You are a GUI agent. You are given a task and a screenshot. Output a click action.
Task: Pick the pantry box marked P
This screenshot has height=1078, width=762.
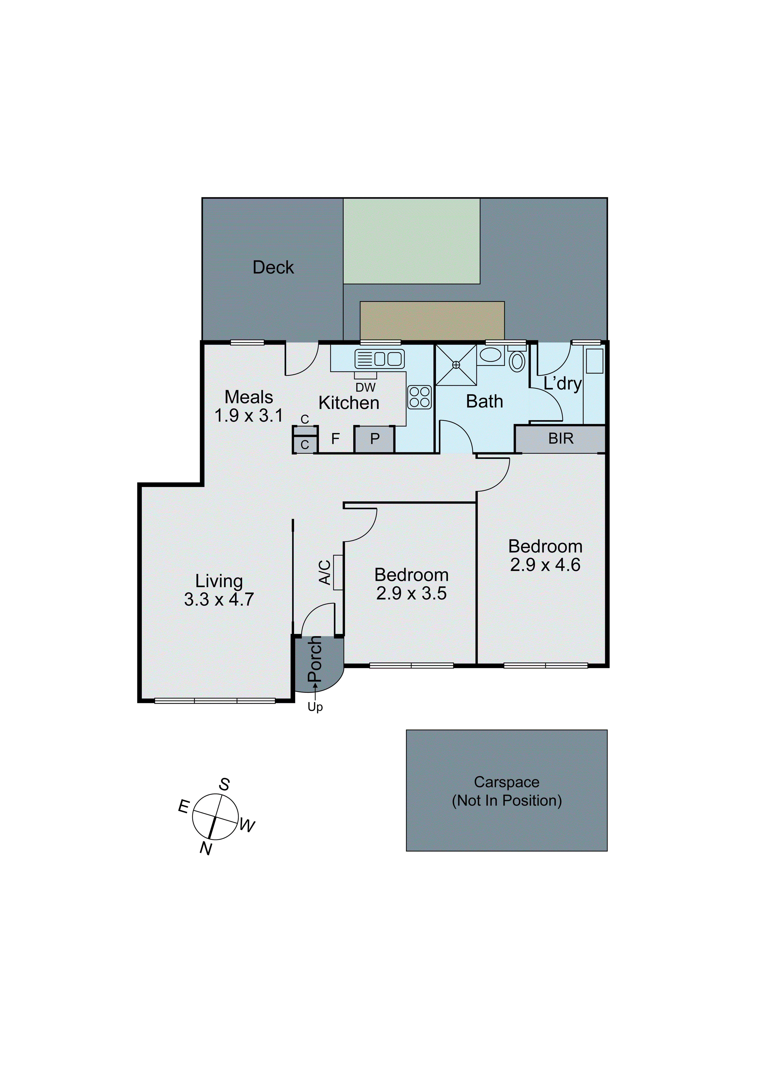374,439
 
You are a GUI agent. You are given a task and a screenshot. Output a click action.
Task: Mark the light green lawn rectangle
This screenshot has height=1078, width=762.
411,241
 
